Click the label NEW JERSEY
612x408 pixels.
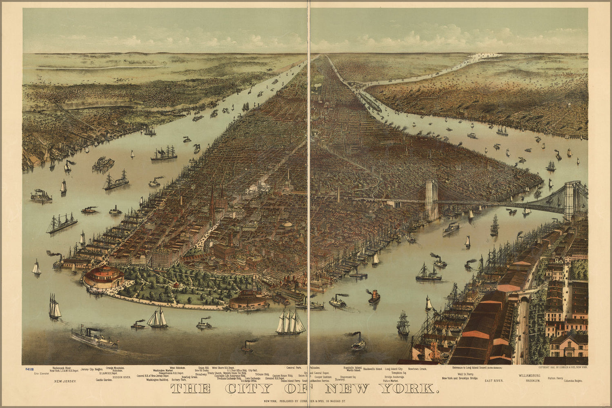(x=66, y=381)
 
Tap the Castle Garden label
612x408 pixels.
(x=104, y=380)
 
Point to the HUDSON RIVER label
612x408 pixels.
(x=122, y=377)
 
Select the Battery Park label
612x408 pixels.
(x=179, y=380)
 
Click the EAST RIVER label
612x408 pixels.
(x=494, y=380)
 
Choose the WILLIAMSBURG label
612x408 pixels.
(x=530, y=375)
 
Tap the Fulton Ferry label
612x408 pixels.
(x=556, y=378)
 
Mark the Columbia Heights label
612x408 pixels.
(x=573, y=381)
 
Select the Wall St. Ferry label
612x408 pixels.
(x=466, y=374)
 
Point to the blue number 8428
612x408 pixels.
(x=29, y=369)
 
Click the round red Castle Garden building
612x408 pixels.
(x=103, y=277)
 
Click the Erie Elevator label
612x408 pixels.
(x=42, y=373)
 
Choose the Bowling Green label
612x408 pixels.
(x=189, y=377)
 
